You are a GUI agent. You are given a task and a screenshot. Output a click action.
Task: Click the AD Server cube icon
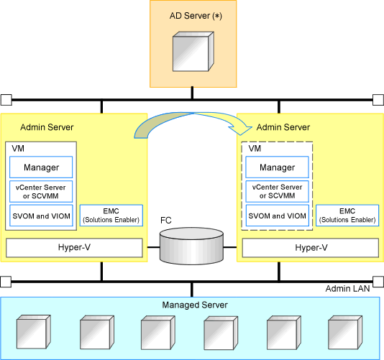[193, 52]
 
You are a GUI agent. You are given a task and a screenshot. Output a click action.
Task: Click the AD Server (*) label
[196, 16]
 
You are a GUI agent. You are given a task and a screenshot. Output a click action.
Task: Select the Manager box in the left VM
[41, 167]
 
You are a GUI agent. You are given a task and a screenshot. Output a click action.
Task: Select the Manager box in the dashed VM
[278, 167]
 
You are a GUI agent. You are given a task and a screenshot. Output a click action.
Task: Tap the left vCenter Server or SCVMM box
[41, 191]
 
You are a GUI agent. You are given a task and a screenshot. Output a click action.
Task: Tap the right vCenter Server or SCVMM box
[278, 191]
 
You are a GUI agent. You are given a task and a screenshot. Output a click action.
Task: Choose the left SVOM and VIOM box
[41, 216]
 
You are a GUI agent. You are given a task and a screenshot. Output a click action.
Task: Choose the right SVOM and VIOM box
[278, 216]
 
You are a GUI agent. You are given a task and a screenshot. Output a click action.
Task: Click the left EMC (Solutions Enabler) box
[111, 216]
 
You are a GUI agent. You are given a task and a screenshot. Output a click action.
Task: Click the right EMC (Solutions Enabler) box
[347, 216]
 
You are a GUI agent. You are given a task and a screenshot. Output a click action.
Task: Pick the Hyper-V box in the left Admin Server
[74, 248]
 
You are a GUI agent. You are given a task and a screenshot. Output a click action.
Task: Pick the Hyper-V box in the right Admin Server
[311, 248]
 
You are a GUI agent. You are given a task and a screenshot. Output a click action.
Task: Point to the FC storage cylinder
[191, 246]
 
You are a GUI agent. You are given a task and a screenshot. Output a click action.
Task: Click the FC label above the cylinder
[166, 221]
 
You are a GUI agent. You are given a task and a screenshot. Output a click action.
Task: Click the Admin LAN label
[347, 289]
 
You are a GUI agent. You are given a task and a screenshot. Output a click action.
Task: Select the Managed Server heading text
[195, 305]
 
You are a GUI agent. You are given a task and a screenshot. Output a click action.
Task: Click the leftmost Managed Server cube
[34, 332]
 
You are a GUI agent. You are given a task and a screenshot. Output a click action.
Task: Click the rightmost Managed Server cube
[345, 333]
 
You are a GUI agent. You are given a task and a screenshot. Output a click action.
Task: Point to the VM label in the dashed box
[255, 148]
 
